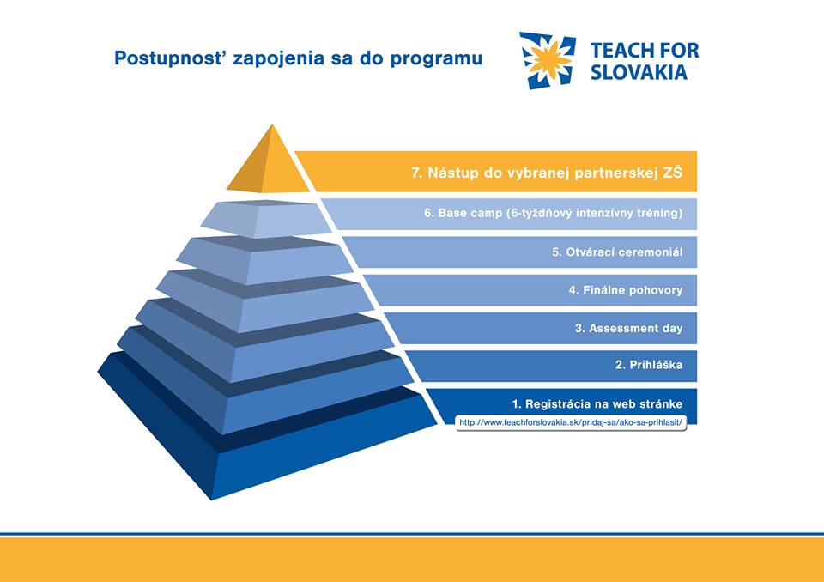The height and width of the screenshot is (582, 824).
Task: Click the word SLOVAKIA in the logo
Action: click(639, 72)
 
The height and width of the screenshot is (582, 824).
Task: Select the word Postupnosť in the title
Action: click(170, 58)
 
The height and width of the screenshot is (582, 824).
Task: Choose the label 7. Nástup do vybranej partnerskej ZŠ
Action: click(547, 173)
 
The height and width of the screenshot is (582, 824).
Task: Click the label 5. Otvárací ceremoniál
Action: click(617, 252)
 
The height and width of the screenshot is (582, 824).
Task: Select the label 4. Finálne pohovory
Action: click(626, 289)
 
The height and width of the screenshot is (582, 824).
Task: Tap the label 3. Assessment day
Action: click(628, 328)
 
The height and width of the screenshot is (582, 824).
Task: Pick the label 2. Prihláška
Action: click(649, 364)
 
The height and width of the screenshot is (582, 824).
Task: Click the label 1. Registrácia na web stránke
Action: click(597, 403)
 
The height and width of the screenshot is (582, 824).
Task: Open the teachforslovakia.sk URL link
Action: click(571, 422)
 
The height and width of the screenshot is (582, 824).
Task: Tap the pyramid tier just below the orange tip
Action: click(266, 218)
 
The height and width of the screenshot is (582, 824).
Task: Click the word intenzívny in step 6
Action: click(606, 213)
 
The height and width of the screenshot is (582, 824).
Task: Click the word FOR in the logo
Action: click(680, 50)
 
